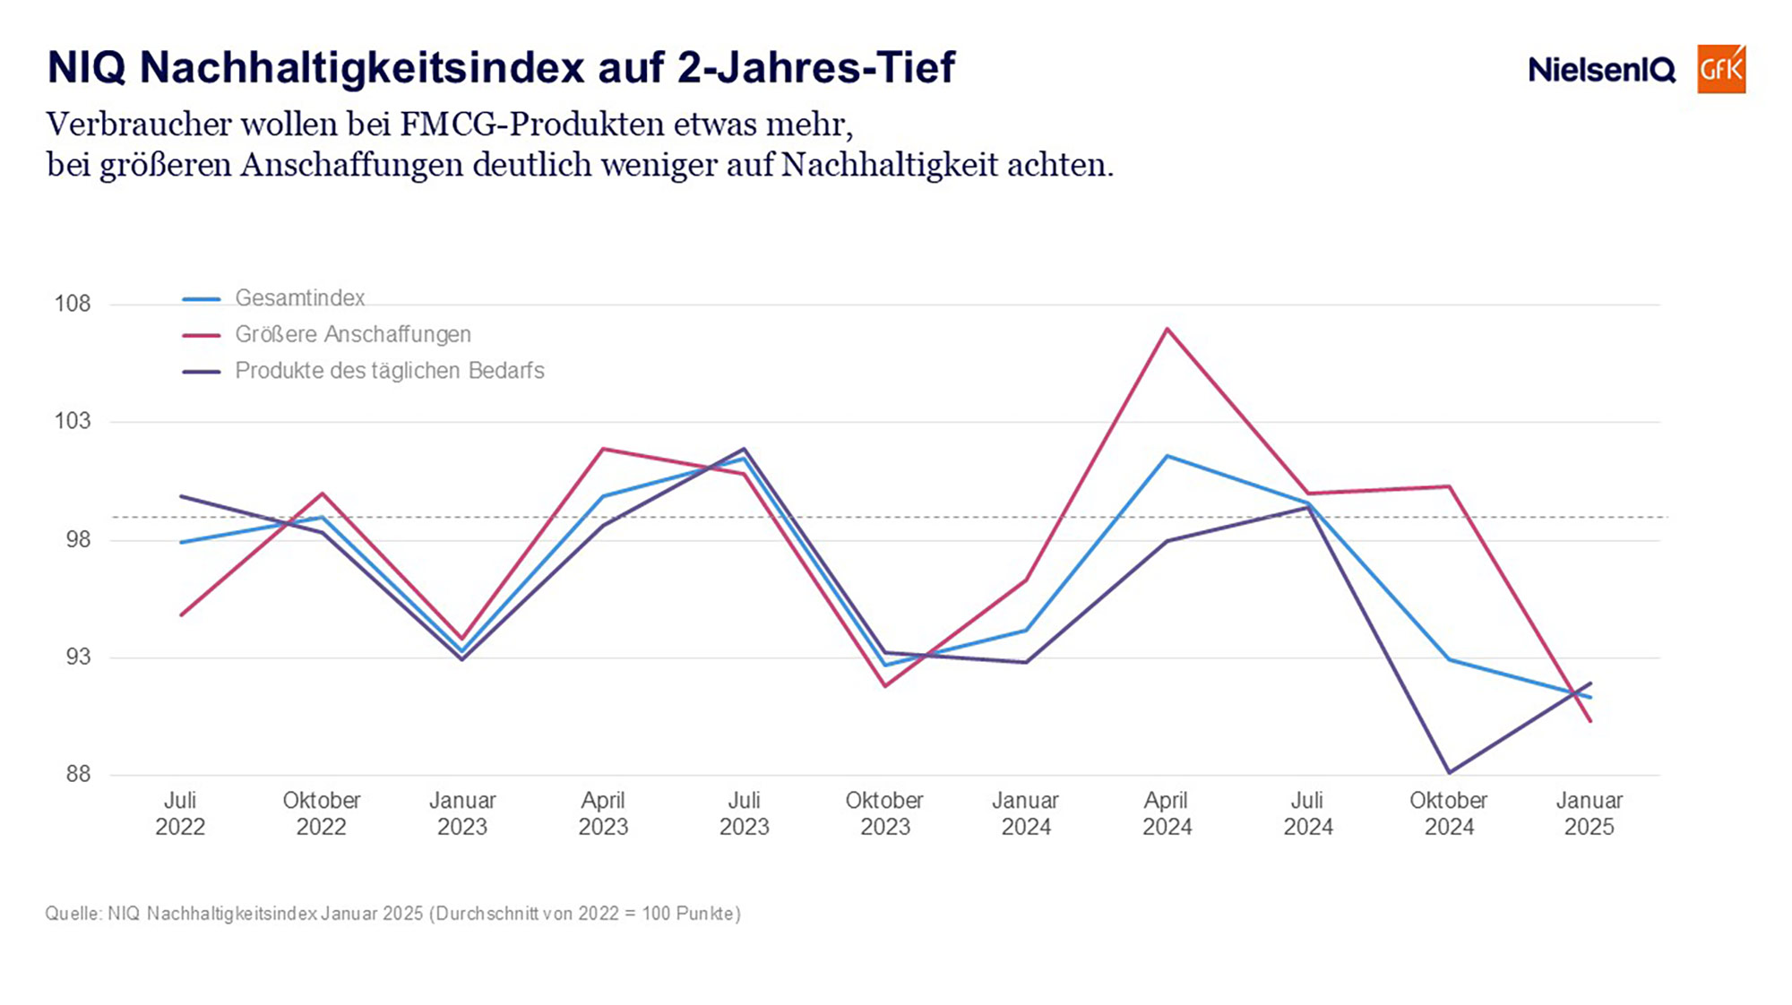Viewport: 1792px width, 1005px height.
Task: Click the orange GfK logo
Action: (1720, 69)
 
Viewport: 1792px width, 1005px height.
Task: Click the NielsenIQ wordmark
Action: (1601, 70)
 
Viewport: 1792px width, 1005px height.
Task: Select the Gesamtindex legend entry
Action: (299, 297)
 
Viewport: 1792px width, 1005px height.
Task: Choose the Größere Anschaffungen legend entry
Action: (352, 334)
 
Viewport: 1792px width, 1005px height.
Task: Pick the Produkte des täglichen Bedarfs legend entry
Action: (389, 371)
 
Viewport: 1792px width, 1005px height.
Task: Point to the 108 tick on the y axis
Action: (73, 304)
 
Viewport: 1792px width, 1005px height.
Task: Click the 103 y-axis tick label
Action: (73, 421)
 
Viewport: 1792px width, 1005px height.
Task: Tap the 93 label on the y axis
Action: (78, 657)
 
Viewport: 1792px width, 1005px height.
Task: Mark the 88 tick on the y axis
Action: (78, 774)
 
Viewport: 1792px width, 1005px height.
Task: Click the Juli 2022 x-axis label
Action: (180, 813)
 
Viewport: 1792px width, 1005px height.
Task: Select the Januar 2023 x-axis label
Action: (462, 813)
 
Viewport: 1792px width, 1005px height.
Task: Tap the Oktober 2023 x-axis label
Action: (884, 813)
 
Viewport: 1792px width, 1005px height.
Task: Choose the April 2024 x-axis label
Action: (1167, 813)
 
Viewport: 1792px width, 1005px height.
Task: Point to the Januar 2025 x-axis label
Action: (1589, 813)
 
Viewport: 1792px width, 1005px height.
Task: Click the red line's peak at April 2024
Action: (1167, 329)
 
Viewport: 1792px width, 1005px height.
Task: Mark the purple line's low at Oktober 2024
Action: (1449, 772)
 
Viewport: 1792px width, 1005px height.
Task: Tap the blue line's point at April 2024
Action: (1167, 456)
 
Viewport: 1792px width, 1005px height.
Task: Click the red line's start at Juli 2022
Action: (181, 615)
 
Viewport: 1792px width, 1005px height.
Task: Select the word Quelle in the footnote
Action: (73, 914)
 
